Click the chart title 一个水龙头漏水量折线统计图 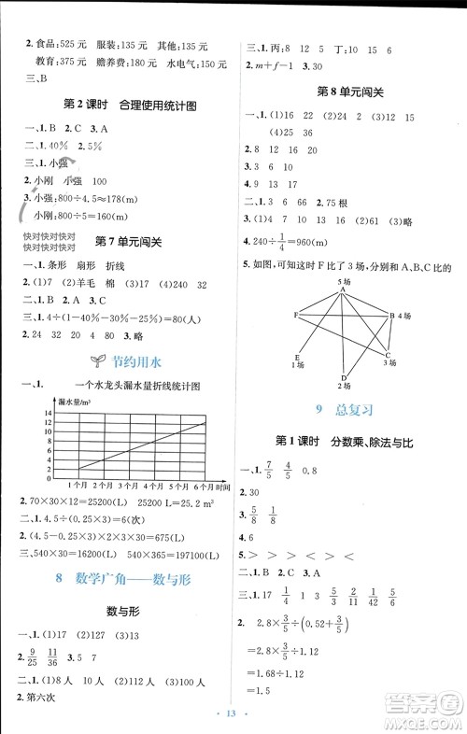pyautogui.click(x=136, y=384)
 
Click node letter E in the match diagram pyautogui.click(x=296, y=357)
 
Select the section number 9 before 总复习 pyautogui.click(x=318, y=408)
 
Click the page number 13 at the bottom pyautogui.click(x=233, y=715)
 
